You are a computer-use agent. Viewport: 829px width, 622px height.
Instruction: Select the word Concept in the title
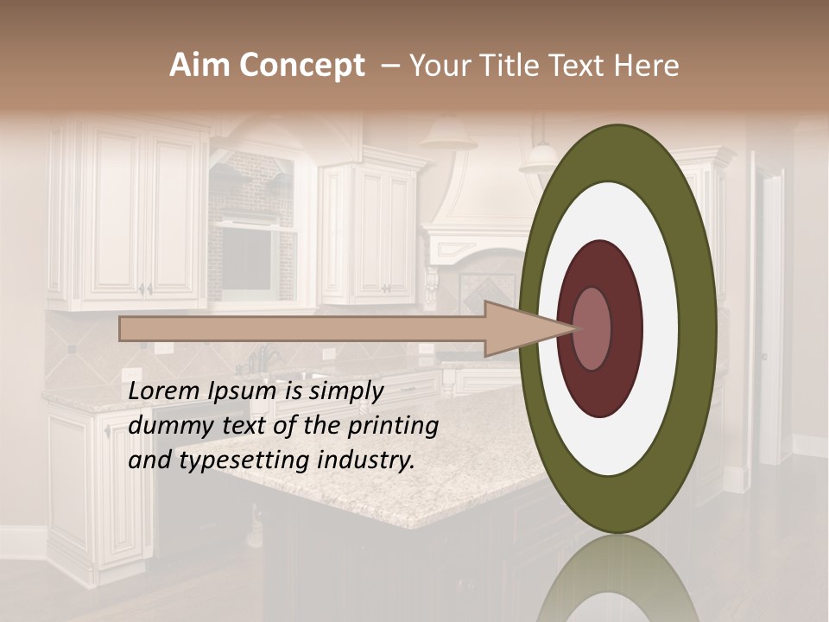[302, 66]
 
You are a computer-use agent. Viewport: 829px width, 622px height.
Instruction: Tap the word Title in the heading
[509, 66]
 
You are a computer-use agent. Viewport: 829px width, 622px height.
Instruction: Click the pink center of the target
[592, 329]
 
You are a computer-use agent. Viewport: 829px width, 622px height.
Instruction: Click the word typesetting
[238, 461]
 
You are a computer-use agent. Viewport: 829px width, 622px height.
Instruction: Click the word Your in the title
[439, 66]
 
